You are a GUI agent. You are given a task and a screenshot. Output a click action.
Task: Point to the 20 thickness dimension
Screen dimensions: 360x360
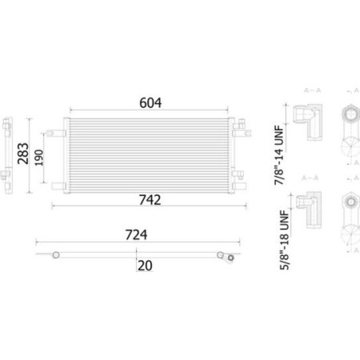144,266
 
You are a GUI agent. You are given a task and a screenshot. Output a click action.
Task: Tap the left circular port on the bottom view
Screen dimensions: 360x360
56,254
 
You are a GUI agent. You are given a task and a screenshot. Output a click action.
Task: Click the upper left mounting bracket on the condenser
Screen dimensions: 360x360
60,129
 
